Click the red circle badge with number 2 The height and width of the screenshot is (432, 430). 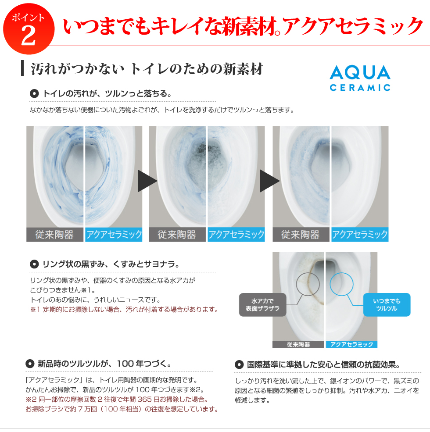pos(29,29)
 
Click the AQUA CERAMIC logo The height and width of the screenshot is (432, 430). pos(360,78)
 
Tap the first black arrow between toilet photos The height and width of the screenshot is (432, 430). pos(147,181)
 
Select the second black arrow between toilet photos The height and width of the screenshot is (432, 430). pos(270,181)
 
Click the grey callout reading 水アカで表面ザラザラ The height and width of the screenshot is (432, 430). pos(262,305)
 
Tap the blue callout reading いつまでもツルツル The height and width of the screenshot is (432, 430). pos(387,305)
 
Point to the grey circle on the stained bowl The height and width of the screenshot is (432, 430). pos(308,284)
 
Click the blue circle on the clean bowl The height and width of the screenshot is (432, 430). pos(341,284)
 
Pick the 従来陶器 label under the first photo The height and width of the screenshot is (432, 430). pos(54,235)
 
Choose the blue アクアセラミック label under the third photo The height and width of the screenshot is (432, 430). pos(360,235)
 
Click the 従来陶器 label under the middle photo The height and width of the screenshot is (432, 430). pos(177,235)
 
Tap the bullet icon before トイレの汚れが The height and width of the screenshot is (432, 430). pos(34,94)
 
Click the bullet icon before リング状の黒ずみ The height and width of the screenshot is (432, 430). pos(34,264)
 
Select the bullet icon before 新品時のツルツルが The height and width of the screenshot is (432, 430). pos(30,364)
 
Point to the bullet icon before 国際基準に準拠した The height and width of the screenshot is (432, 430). pos(239,365)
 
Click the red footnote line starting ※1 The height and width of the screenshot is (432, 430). pos(124,310)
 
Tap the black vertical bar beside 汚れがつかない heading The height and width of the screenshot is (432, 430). pos(22,68)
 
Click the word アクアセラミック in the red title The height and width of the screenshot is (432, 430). pos(352,26)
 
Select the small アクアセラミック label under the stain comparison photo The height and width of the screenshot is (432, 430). pos(351,344)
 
